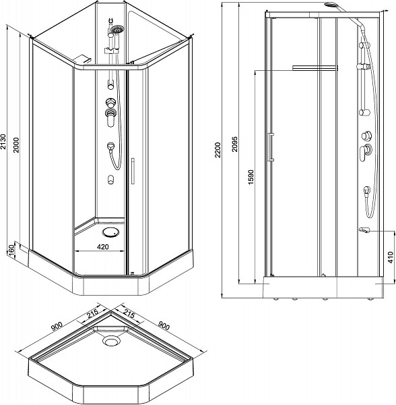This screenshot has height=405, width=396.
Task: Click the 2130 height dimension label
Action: [x=3, y=142]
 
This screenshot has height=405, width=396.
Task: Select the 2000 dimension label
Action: [x=16, y=144]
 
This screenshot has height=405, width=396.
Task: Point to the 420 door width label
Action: [x=103, y=247]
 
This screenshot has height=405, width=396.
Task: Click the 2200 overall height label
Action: [x=218, y=150]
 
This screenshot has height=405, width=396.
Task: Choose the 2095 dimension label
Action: [x=234, y=144]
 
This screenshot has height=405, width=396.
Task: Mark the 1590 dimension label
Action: [x=251, y=177]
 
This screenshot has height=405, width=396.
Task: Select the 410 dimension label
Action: [x=391, y=257]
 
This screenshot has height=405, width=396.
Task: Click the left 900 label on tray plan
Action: [x=57, y=326]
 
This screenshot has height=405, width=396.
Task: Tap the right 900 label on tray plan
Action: [x=164, y=326]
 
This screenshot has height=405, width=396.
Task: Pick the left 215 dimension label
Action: [x=92, y=314]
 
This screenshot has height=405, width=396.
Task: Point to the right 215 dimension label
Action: [x=129, y=313]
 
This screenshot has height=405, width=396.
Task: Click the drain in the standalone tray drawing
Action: [x=112, y=341]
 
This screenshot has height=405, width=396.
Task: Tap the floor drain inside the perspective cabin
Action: [x=111, y=232]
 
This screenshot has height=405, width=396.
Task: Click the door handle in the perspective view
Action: [x=133, y=171]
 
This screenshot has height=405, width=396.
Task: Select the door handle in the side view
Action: [x=271, y=147]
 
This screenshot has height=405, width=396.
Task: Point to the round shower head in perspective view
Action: [x=117, y=29]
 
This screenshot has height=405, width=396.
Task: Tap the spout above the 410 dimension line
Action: [x=364, y=230]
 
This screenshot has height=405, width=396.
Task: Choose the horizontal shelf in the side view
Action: [x=315, y=68]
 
